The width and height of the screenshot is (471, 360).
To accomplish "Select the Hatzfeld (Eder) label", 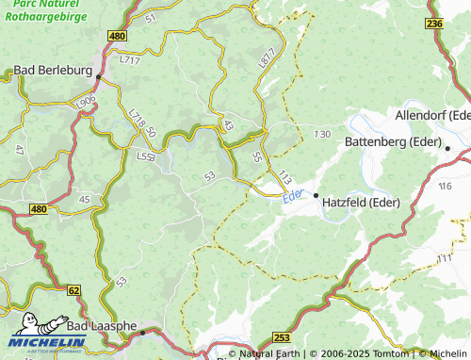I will [361, 202].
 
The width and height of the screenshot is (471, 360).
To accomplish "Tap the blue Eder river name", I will [293, 195].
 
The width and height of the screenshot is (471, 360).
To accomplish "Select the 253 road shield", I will [282, 337].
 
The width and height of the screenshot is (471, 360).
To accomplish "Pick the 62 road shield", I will [73, 292].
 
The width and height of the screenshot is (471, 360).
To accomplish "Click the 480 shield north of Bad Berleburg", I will [117, 36].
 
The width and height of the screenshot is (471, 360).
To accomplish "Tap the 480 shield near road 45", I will [38, 208].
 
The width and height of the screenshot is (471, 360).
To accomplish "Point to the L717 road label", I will [129, 60].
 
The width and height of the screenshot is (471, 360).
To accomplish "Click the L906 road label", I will [86, 101].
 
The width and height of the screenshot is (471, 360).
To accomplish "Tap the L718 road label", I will [134, 119].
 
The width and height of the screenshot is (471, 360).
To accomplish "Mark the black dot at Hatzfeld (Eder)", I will [317, 196].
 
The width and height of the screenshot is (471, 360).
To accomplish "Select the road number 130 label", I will [322, 135].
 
